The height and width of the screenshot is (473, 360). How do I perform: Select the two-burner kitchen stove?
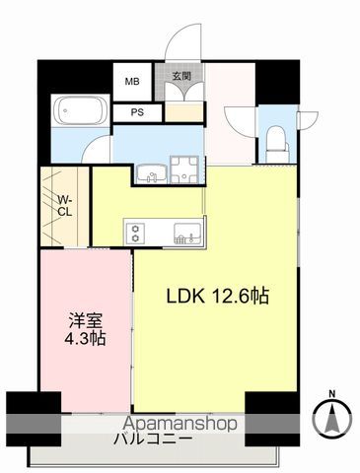tap(136, 233)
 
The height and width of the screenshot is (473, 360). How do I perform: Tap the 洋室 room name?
tap(84, 319)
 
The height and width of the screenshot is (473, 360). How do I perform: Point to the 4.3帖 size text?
tap(85, 338)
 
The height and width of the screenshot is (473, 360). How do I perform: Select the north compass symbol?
tap(332, 421)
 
